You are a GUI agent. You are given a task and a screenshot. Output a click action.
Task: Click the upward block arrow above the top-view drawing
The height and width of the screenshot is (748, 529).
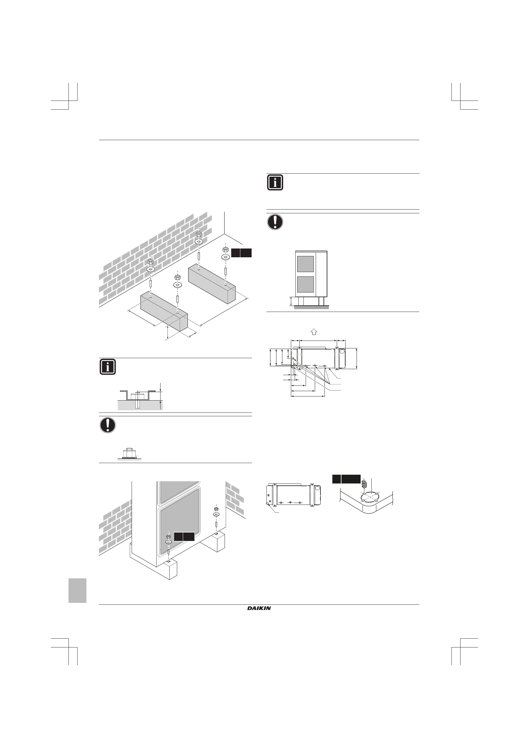coord(314,332)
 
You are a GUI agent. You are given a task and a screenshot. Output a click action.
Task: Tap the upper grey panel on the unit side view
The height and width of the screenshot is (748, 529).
coord(305,264)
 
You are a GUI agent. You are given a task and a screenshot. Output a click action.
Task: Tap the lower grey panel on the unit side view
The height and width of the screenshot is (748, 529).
coord(305,284)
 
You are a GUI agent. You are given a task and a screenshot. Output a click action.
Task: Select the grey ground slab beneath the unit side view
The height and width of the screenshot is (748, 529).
coord(311,307)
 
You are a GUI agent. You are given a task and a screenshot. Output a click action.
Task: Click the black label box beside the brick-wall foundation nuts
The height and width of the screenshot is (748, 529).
coord(241,253)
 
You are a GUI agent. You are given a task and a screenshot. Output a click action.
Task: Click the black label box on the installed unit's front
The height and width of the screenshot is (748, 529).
coord(184,537)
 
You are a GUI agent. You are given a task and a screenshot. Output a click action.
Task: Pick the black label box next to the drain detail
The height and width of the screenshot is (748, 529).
coord(346,479)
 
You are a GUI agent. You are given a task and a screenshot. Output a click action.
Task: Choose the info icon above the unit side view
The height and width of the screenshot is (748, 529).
coord(275,183)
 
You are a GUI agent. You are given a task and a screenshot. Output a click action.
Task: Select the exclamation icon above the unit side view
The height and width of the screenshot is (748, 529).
coord(275,222)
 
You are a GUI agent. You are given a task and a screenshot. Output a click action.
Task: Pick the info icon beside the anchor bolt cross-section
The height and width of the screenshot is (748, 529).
coord(108,367)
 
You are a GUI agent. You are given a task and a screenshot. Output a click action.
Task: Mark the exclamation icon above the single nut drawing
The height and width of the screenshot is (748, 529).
coord(108,425)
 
